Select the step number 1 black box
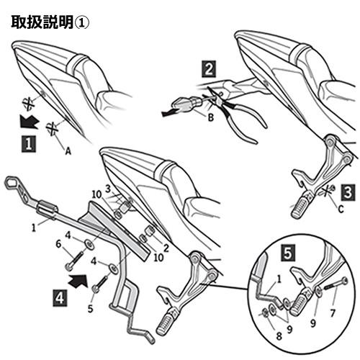tap(27, 144)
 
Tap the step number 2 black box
tap(208, 70)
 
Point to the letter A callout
tap(68, 152)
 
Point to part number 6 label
tap(59, 245)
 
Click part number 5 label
tap(89, 308)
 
